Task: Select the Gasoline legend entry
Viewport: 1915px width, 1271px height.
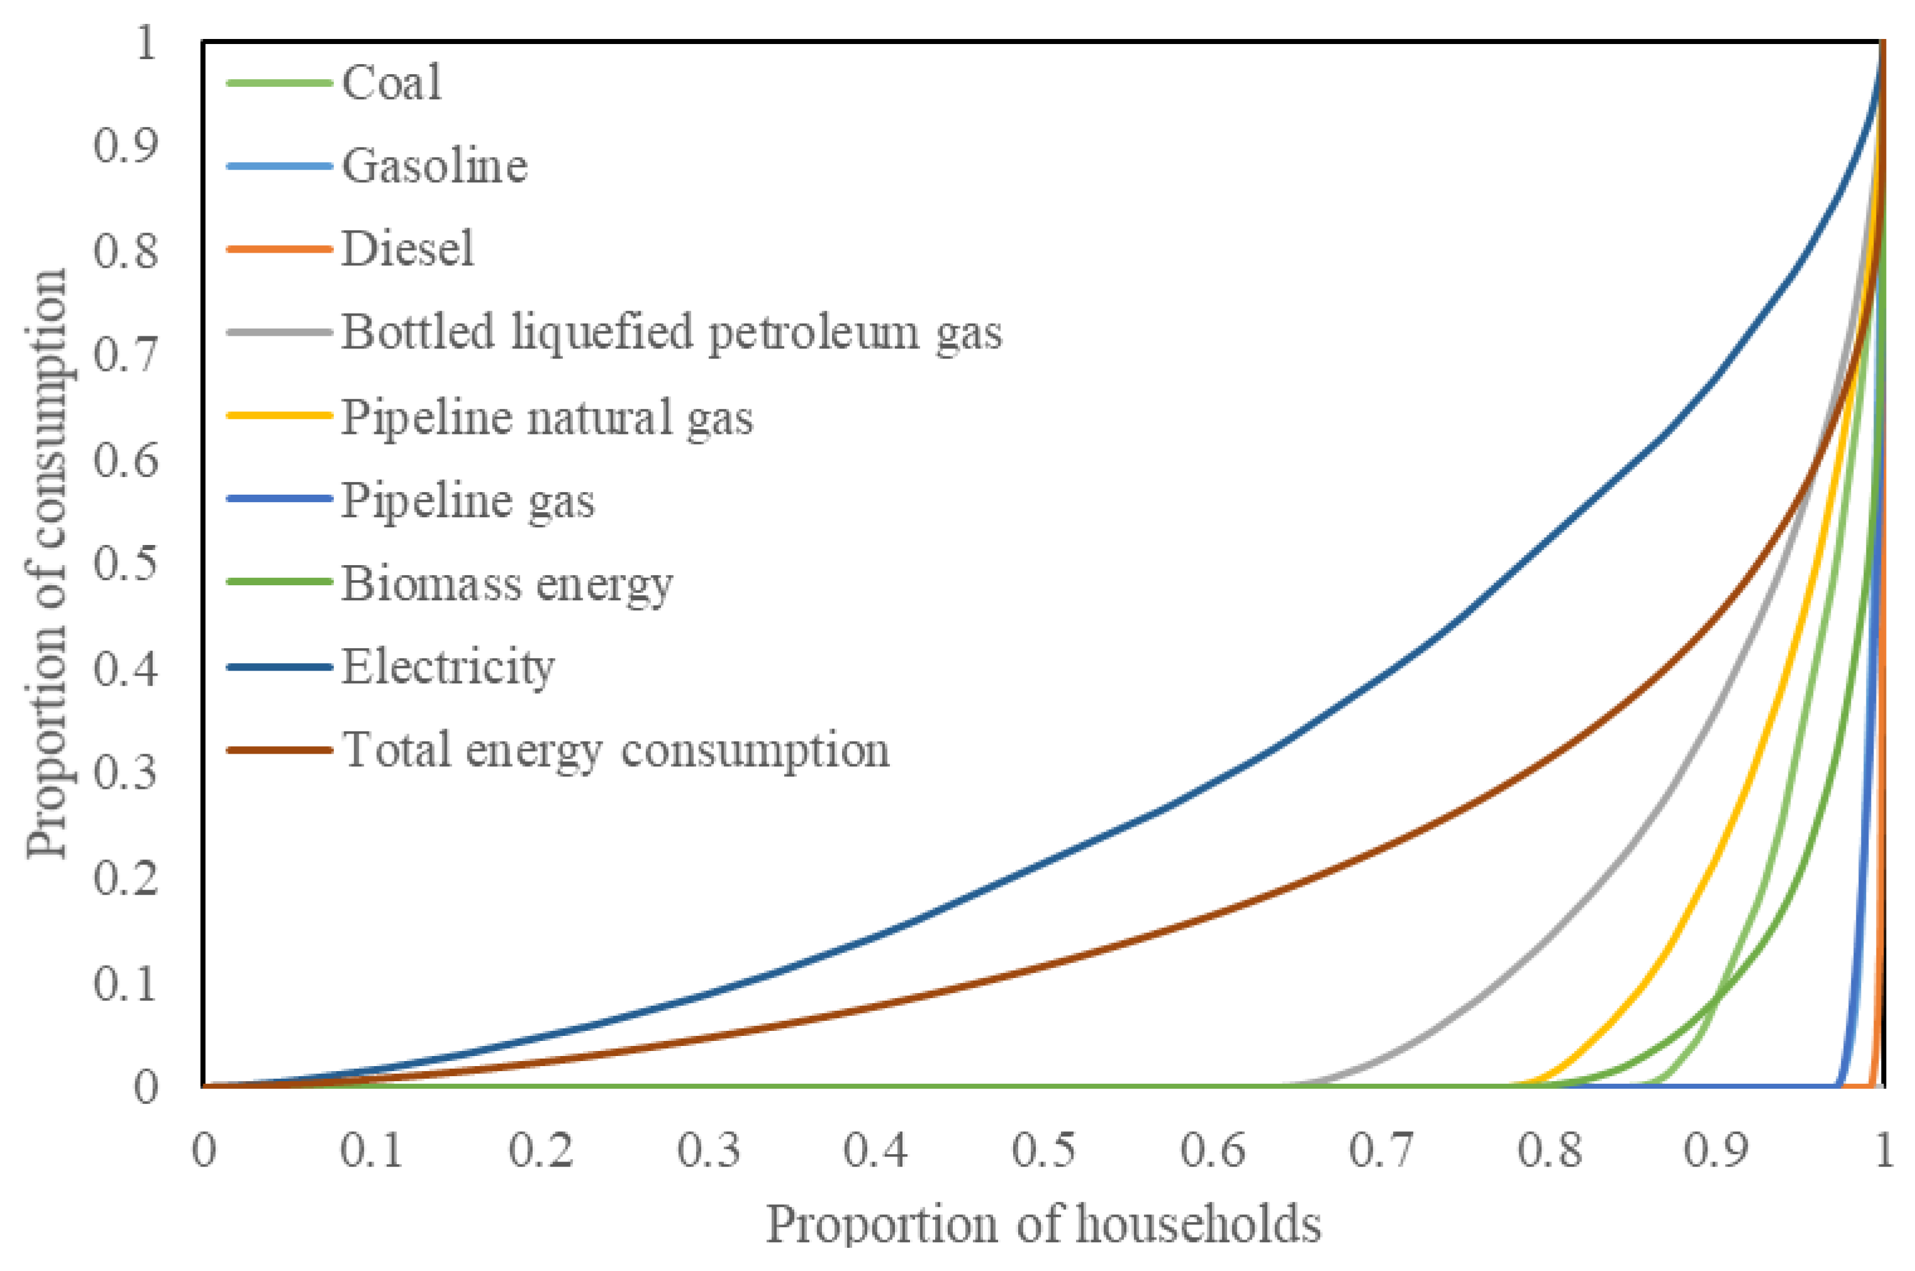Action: click(x=435, y=166)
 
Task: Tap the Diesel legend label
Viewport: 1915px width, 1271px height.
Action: click(x=407, y=249)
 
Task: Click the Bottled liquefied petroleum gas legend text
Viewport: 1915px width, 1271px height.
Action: click(x=671, y=333)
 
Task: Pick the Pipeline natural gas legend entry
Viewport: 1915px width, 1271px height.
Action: click(x=547, y=417)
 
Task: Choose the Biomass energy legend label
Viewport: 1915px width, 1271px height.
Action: click(x=507, y=583)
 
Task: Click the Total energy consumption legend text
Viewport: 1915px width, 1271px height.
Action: click(x=615, y=750)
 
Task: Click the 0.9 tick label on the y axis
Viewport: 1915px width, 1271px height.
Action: click(x=125, y=146)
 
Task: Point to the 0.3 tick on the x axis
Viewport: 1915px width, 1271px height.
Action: click(x=709, y=1150)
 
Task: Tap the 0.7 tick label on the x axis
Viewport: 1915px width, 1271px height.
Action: click(x=1382, y=1150)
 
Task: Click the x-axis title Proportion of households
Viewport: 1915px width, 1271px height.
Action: click(x=1044, y=1224)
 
